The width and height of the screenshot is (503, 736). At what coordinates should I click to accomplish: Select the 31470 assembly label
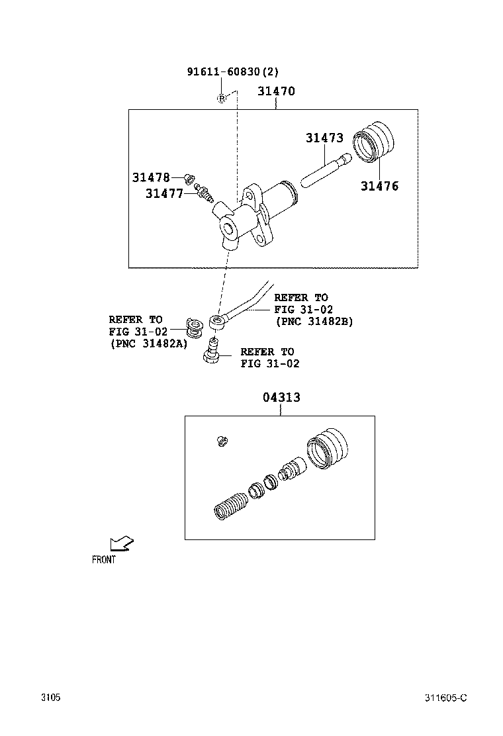(x=276, y=91)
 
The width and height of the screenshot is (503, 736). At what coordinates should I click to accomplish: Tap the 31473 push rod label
(x=324, y=138)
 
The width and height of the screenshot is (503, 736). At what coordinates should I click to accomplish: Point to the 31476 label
(x=379, y=187)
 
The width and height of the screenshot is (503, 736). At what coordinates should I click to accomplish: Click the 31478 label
(x=151, y=177)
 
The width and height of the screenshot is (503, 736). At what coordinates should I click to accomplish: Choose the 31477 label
(x=164, y=193)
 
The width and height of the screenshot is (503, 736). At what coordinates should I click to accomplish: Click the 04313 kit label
(x=281, y=397)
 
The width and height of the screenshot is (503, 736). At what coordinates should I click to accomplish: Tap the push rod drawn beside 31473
(x=324, y=169)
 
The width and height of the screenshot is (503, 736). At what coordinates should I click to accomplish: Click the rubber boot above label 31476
(x=374, y=141)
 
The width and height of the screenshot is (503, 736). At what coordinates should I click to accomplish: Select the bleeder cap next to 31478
(x=188, y=178)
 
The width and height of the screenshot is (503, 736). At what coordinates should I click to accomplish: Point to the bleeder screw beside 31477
(x=205, y=195)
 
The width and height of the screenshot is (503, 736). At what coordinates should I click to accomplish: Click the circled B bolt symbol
(x=222, y=99)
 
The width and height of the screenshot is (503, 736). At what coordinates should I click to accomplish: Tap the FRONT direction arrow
(x=121, y=544)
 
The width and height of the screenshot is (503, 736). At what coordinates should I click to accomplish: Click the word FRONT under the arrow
(x=104, y=560)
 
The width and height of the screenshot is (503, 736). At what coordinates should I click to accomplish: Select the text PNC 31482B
(x=314, y=322)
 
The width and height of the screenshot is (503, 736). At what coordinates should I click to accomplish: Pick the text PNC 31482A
(x=148, y=344)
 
